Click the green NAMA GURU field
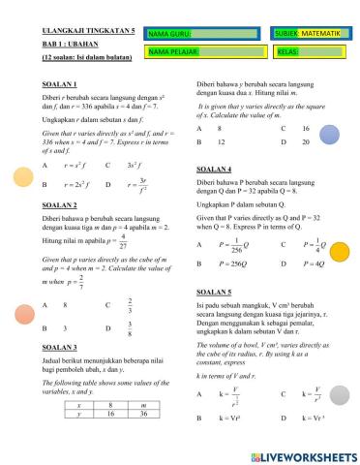point(203,35)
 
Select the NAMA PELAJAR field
point(203,50)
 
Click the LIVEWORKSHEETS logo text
point(304,453)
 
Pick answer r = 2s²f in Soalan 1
point(77,183)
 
